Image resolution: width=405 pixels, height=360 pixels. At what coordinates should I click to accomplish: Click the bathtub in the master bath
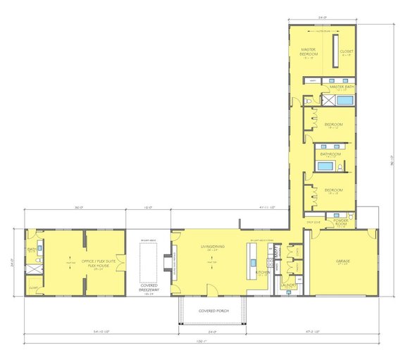click(347, 101)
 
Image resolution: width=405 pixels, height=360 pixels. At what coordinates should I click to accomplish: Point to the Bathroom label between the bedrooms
click(330, 153)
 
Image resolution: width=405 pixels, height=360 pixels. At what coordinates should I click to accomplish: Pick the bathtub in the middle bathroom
click(325, 167)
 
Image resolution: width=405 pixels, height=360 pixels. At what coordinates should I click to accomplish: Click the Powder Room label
click(342, 221)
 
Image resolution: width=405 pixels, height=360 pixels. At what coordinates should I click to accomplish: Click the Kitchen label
click(261, 271)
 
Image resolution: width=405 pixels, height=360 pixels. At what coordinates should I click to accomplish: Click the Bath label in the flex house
click(32, 249)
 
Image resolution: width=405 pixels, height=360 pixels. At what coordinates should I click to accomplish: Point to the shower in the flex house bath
click(32, 268)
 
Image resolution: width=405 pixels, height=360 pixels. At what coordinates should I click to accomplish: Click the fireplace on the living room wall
click(173, 261)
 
